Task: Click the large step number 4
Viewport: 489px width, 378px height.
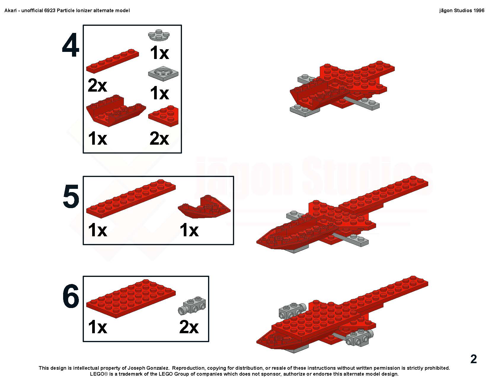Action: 71,45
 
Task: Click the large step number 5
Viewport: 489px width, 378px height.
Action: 71,196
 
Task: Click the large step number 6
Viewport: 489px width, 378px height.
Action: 71,296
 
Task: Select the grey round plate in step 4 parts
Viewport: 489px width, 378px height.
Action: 159,35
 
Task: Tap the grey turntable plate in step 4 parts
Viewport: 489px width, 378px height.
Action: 163,74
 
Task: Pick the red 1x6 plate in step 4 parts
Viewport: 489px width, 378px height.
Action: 113,61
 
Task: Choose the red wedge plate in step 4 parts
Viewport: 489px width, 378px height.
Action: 163,116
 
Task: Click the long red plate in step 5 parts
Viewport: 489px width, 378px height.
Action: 131,199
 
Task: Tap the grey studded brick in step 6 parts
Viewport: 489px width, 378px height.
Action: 192,305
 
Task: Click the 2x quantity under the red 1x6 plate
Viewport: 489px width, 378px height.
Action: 97,85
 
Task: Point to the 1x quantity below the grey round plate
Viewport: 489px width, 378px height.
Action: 159,53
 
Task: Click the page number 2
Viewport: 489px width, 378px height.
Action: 474,359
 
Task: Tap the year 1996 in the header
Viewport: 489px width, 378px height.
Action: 479,10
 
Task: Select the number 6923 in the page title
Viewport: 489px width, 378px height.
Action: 50,10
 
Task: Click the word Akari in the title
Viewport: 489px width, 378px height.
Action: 11,10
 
